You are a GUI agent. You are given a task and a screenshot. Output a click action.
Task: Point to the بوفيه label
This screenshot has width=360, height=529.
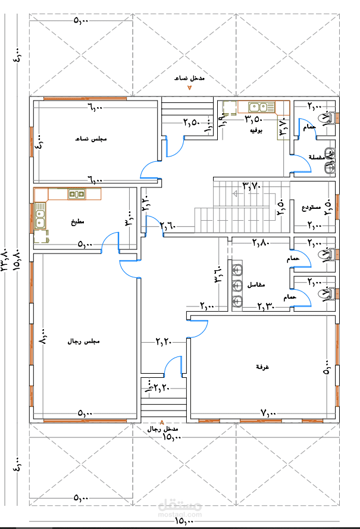click(x=256, y=129)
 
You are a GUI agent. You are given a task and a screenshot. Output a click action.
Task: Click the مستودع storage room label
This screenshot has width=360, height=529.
click(x=311, y=208)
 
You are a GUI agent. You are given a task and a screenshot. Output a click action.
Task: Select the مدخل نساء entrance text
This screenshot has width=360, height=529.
click(x=189, y=79)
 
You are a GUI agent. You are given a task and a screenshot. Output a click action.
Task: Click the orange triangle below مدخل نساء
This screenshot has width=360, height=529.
click(x=190, y=87)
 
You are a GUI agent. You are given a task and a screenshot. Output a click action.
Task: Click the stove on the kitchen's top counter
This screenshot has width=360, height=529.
click(x=76, y=193)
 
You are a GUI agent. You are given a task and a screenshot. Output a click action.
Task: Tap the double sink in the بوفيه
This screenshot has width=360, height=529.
click(x=258, y=107)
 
